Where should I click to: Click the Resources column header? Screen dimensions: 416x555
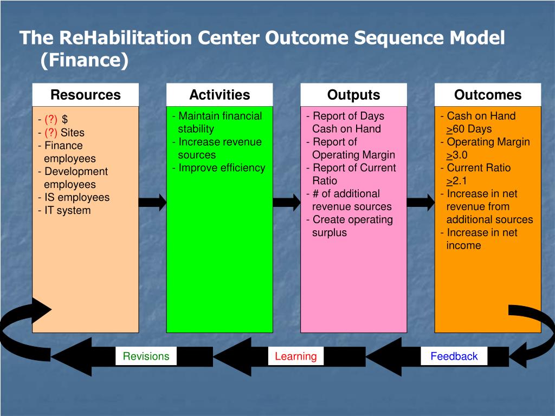pos(85,95)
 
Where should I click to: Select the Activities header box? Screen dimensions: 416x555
pos(220,95)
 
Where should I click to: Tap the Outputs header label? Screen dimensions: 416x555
pos(353,95)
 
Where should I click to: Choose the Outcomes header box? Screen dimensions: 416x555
pos(487,95)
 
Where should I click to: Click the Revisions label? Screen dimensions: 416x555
pos(146,356)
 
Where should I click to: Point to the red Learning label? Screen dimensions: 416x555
pos(295,356)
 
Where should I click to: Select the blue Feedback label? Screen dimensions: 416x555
pos(454,356)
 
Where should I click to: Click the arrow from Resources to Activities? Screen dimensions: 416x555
pos(152,203)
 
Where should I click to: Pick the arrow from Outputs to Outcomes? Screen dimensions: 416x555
pos(421,203)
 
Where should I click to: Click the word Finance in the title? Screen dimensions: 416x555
pos(84,60)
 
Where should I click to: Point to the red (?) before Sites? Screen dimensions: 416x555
pos(51,132)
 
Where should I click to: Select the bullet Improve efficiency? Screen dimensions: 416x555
pos(222,168)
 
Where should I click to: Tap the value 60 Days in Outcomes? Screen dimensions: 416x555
pos(472,129)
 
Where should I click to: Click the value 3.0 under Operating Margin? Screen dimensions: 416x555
pos(460,155)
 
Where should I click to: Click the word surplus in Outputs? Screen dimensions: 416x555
pos(329,233)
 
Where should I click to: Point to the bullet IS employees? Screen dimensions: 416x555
pos(76,198)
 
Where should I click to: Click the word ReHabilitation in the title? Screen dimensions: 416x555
pos(125,38)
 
